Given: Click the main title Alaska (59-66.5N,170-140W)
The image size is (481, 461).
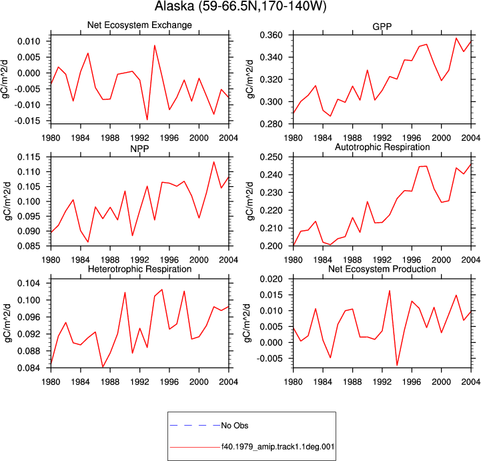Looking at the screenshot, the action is coord(240,6).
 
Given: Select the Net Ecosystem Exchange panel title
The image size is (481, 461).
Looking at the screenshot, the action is coord(139,25).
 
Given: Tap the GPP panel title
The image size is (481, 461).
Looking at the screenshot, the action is coord(382,27).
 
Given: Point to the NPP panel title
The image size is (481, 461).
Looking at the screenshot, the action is coord(139,149).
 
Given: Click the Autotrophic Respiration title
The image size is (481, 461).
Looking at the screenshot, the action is coord(382,147).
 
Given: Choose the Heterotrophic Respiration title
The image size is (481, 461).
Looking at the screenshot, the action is coord(139,269).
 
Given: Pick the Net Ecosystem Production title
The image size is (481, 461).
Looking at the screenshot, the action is coord(382,269).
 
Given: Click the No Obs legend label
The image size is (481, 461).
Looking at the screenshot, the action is coord(235,426).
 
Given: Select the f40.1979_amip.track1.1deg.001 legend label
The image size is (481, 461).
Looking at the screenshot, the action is coord(278,446).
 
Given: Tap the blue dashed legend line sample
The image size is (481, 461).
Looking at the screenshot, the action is coord(195,426).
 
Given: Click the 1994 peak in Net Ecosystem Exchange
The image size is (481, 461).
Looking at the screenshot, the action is coord(155,45).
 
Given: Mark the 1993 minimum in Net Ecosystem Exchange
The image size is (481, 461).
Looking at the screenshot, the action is coord(147,119).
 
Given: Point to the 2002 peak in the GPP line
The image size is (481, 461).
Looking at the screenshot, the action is coord(456,38).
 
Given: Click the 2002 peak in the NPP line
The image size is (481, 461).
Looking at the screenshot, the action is coord(213,162).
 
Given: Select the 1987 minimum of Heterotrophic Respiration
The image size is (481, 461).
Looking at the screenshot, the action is coord(103,367).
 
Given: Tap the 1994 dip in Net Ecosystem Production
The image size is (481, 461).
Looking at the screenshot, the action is coord(397,366).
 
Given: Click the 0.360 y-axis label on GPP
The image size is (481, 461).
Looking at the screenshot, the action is coord(271,35).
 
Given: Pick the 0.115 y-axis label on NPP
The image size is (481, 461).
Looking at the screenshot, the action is coord(29,157).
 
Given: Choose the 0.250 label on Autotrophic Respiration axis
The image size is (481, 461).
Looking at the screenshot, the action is coord(271,157).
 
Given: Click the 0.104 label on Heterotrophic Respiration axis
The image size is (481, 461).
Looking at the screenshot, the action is coord(29,283).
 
